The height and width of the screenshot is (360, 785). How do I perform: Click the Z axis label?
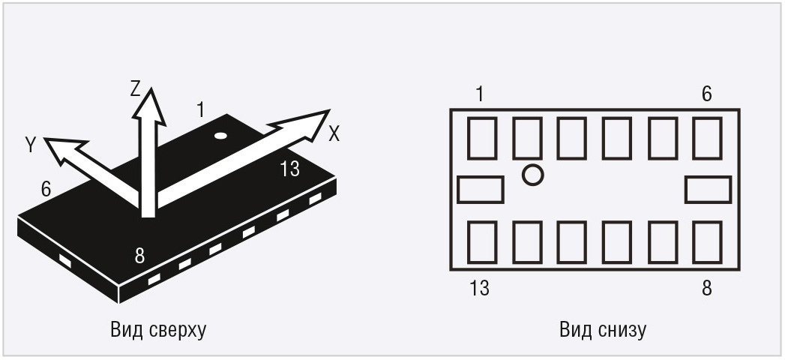pyautogui.click(x=135, y=89)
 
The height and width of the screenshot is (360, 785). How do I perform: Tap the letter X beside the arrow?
pyautogui.click(x=334, y=133)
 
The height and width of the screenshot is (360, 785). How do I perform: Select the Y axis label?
pyautogui.click(x=31, y=145)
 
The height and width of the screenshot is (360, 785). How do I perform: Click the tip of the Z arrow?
pyautogui.click(x=148, y=87)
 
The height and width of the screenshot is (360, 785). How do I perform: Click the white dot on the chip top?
pyautogui.click(x=220, y=135)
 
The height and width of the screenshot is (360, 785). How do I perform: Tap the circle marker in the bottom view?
pyautogui.click(x=532, y=175)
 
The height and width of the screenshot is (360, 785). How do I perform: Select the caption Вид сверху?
pyautogui.click(x=158, y=331)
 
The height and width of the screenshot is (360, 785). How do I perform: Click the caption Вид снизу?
pyautogui.click(x=603, y=331)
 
